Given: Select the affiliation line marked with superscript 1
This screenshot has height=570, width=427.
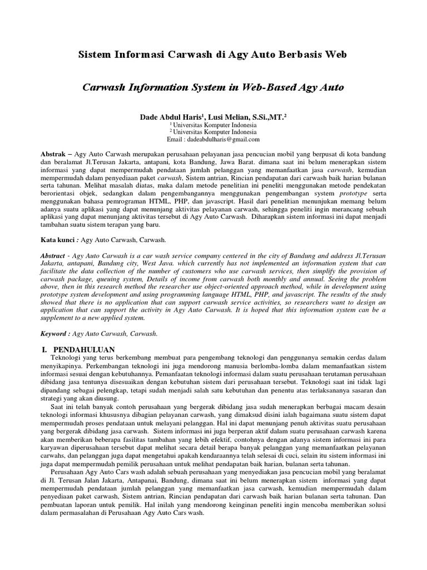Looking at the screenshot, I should pyautogui.click(x=213, y=126).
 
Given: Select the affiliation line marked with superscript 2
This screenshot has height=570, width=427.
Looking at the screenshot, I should pyautogui.click(x=213, y=132).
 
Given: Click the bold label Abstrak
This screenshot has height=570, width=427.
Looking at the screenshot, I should pyautogui.click(x=56, y=153).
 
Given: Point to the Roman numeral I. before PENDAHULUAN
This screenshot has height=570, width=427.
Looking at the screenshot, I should pyautogui.click(x=46, y=348).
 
